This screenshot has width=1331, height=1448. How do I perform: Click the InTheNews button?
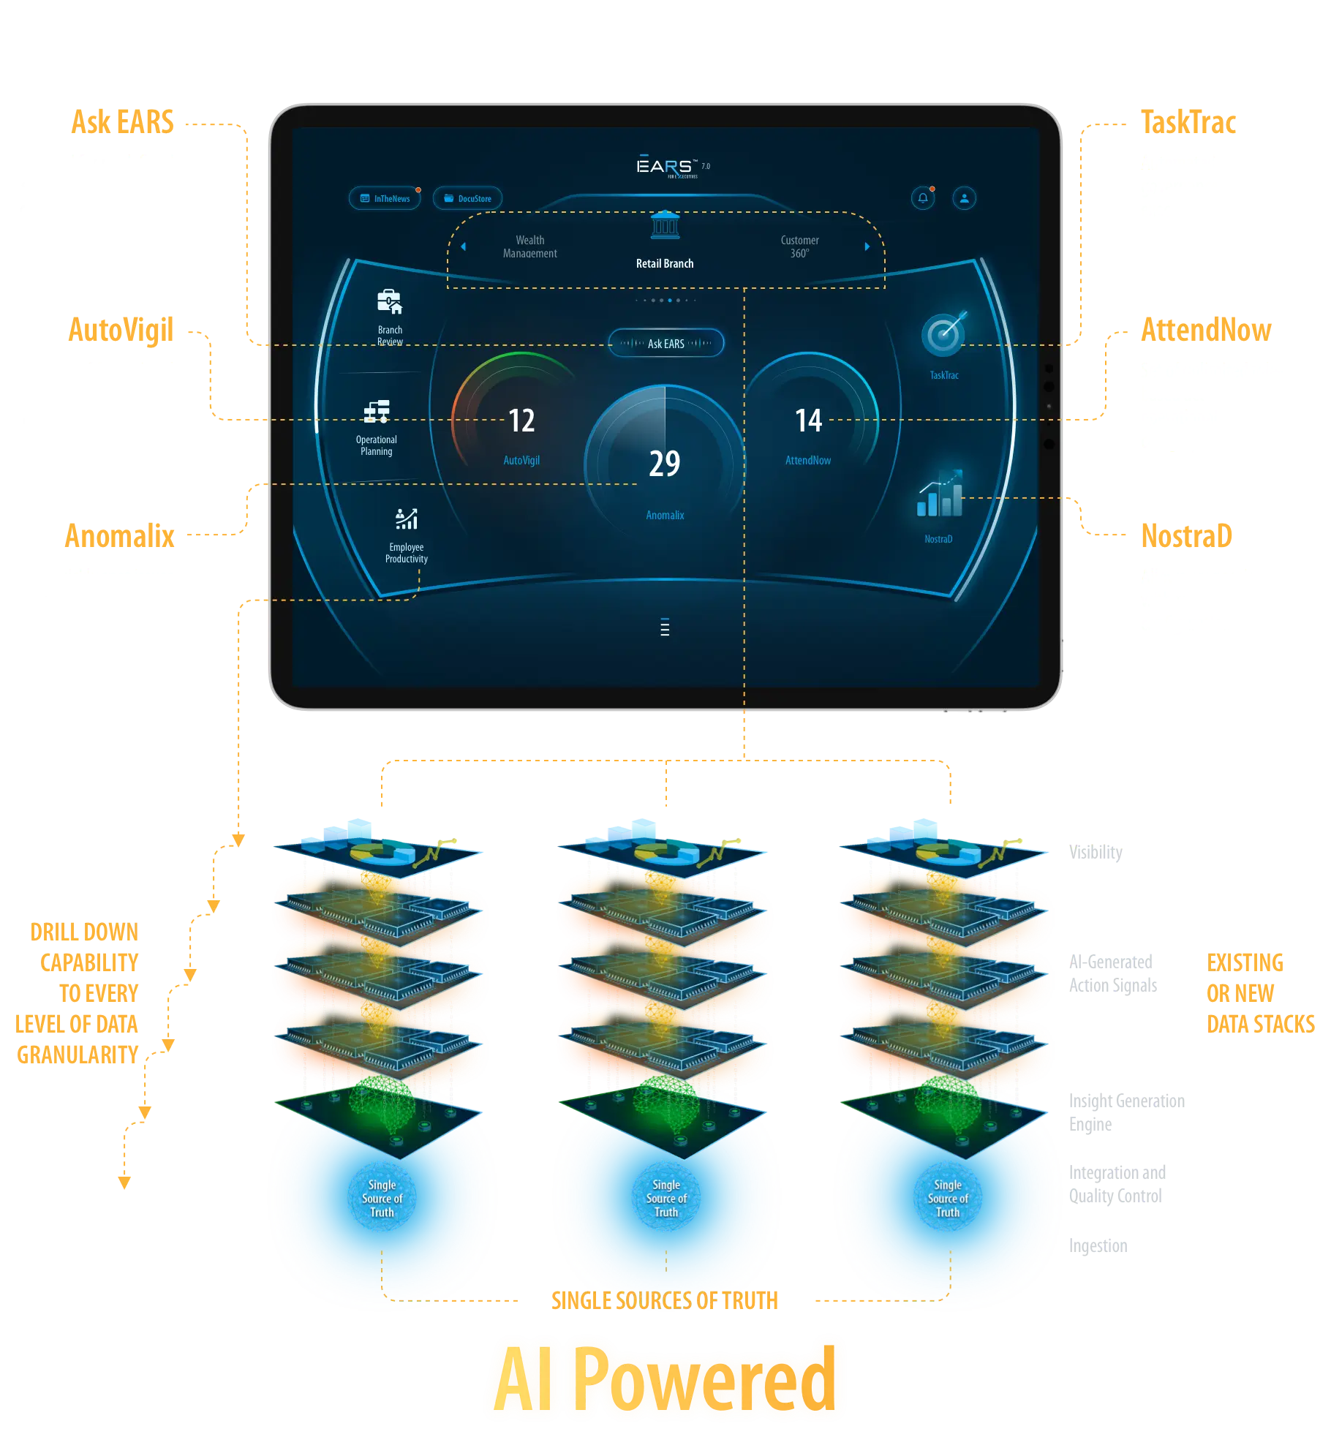[x=385, y=198]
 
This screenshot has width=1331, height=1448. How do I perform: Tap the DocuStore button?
[x=467, y=198]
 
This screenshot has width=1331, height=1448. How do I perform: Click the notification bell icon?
[x=923, y=198]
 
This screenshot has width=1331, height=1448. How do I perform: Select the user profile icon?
[x=965, y=198]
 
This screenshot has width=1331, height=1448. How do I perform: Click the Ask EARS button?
[x=665, y=343]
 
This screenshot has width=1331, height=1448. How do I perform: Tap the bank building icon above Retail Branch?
[x=665, y=226]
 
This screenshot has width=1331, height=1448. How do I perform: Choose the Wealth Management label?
[x=530, y=246]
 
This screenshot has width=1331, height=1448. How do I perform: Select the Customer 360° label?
[x=799, y=246]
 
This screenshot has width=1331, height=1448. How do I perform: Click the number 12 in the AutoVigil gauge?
[x=521, y=421]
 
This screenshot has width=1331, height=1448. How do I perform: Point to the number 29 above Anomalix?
[x=665, y=463]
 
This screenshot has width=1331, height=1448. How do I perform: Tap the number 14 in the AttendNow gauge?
[x=808, y=421]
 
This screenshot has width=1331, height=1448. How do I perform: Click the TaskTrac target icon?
[x=943, y=334]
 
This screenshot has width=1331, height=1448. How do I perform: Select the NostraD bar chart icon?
[x=940, y=494]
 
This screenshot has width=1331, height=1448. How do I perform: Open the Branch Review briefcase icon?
[x=389, y=301]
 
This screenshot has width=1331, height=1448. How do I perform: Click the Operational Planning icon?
[x=377, y=412]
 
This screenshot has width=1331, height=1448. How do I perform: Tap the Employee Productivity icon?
[x=407, y=519]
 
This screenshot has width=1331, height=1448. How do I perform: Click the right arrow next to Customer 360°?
[x=867, y=246]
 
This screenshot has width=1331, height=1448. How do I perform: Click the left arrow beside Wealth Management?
[x=463, y=246]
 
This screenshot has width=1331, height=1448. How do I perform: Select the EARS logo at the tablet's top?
[x=664, y=167]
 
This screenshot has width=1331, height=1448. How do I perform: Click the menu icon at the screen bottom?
[x=665, y=627]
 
